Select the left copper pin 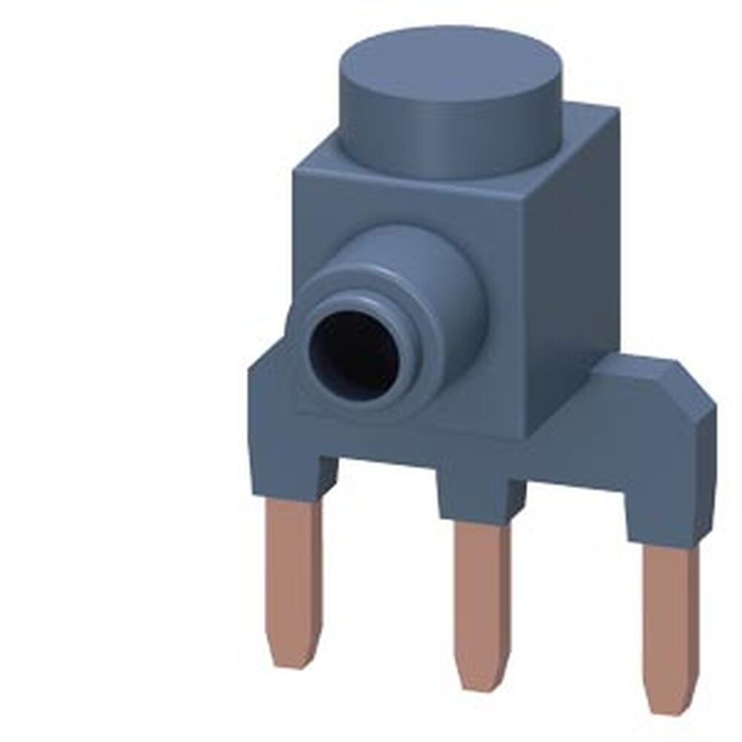[x=295, y=564]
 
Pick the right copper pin [x=672, y=623]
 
